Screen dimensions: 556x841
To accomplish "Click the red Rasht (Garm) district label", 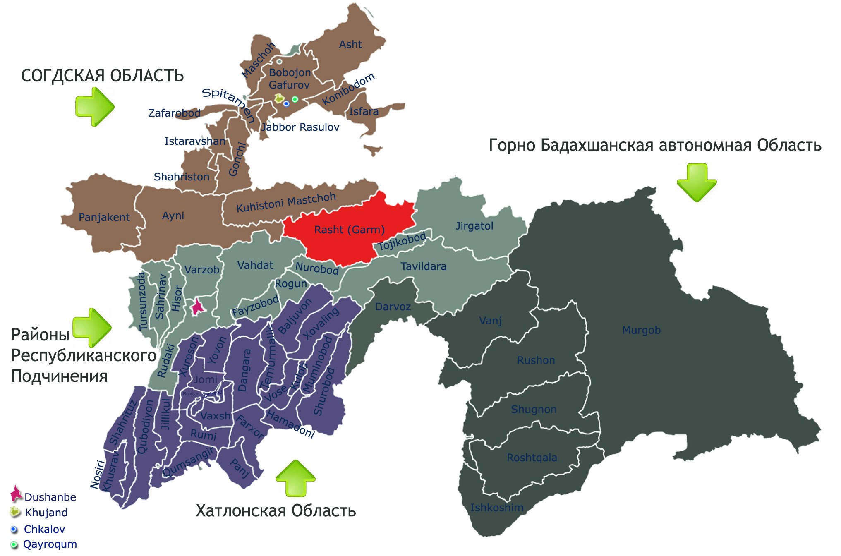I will click(x=349, y=230).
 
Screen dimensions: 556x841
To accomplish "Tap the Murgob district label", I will click(x=641, y=330).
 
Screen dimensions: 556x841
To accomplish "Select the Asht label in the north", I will click(x=350, y=45).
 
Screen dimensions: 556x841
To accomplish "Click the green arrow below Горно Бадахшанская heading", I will click(x=697, y=182).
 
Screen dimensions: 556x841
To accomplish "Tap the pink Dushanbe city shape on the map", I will click(x=197, y=307).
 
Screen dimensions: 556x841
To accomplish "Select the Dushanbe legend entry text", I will click(x=50, y=497).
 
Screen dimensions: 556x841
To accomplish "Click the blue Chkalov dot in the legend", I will click(x=14, y=529).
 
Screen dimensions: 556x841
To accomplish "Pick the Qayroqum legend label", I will click(x=50, y=544).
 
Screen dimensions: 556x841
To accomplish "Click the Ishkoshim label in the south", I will click(x=496, y=508).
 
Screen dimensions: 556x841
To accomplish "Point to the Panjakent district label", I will click(x=104, y=218).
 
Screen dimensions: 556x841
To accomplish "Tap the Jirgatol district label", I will click(x=474, y=226).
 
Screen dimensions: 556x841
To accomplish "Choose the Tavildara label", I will click(x=423, y=266).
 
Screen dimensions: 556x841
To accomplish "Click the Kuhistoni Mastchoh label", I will click(x=286, y=202).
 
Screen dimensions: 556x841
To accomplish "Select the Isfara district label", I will click(x=364, y=112).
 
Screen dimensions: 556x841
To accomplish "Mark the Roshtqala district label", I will click(x=532, y=458).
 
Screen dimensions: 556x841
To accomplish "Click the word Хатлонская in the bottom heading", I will click(x=240, y=511).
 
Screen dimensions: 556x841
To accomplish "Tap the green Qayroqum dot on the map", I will click(x=295, y=99).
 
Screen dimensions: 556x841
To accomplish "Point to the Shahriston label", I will click(x=181, y=177).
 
